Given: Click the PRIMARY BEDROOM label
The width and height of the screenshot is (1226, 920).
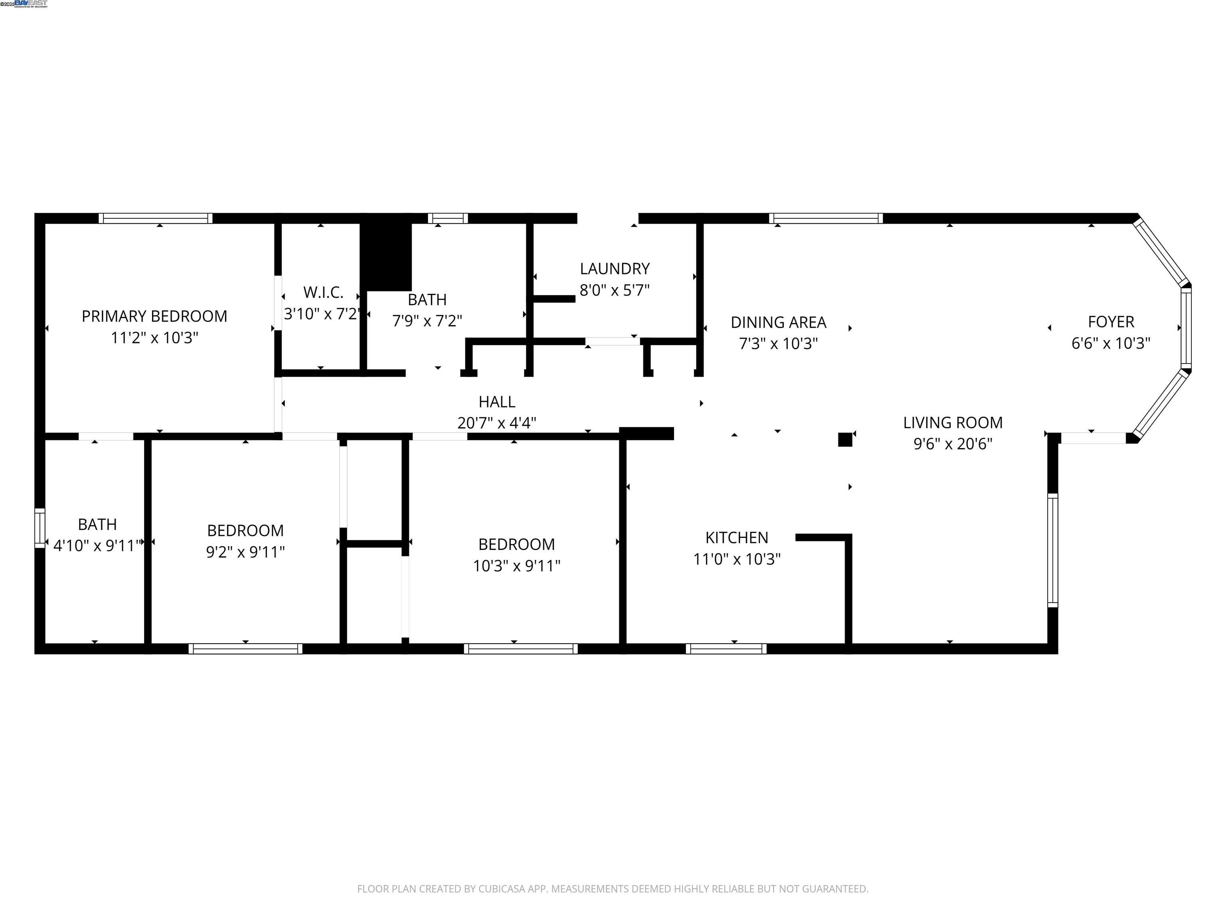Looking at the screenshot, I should tap(154, 316).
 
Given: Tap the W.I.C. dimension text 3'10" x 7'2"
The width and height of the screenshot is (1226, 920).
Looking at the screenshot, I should tap(322, 314).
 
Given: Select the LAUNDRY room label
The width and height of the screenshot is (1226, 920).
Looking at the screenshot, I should tap(614, 269).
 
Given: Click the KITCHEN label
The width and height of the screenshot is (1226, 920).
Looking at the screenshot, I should tap(737, 537).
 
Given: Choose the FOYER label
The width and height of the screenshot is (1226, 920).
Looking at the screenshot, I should tap(1111, 321).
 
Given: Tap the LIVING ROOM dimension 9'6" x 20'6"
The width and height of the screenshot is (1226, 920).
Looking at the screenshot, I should tap(953, 444).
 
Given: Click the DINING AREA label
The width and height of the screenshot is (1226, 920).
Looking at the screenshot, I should tap(778, 322).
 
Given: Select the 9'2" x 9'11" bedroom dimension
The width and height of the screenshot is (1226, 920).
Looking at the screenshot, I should tap(245, 552).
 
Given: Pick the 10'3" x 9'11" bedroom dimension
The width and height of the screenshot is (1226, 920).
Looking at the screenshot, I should tap(516, 566).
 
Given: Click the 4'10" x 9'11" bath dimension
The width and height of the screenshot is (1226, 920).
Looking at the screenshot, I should tap(97, 546).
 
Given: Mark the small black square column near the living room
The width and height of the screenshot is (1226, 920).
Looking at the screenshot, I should tap(845, 440).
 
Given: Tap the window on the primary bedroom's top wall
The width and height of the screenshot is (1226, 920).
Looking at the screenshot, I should tap(156, 218).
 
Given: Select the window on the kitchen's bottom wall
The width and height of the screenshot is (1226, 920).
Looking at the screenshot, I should tap(726, 648).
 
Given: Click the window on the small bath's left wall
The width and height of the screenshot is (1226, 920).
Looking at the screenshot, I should tap(40, 528).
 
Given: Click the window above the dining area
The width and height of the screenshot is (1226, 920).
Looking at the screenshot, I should tap(826, 218).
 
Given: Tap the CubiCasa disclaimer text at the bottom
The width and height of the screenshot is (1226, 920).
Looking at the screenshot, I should tap(613, 889).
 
